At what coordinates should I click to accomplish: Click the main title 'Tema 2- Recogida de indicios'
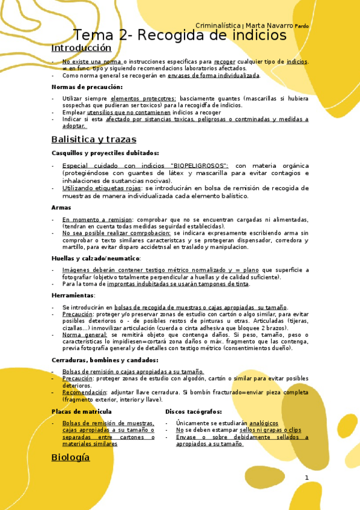click(180, 35)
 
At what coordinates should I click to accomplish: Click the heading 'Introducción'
click(81, 48)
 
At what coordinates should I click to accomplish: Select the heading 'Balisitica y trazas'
click(94, 140)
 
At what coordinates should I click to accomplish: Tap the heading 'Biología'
click(70, 457)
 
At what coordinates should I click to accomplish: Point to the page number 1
click(307, 478)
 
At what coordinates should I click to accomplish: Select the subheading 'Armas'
click(61, 207)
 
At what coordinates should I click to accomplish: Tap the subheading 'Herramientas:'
click(73, 295)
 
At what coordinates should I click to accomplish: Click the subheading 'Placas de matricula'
click(81, 411)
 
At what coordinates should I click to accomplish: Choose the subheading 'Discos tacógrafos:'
click(194, 411)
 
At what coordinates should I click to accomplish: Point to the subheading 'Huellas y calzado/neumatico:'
click(96, 258)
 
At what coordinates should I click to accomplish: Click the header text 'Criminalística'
click(218, 25)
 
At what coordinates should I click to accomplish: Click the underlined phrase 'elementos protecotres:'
click(143, 98)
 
